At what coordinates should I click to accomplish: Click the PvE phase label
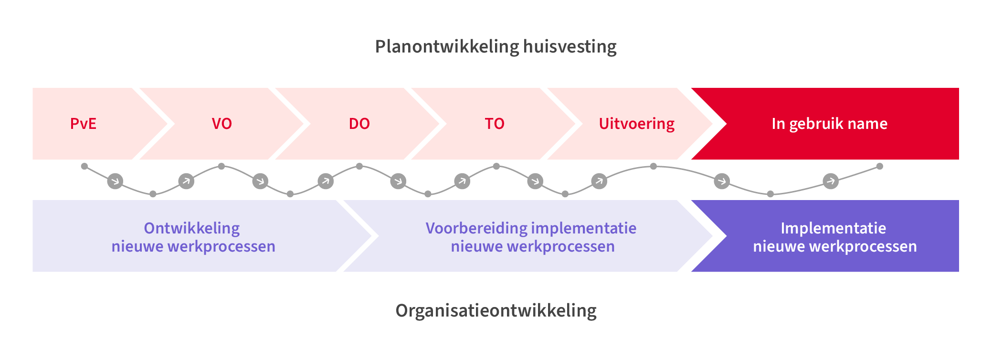tap(83, 124)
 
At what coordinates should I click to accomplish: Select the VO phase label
tap(222, 124)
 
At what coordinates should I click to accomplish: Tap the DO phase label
tap(359, 124)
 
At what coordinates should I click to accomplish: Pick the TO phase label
tap(495, 124)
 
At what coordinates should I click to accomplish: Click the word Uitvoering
tap(636, 124)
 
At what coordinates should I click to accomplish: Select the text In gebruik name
tap(829, 124)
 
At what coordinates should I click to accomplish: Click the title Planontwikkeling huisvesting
tap(496, 46)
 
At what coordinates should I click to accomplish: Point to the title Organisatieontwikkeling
tap(496, 311)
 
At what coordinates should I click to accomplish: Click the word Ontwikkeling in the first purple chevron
tap(192, 228)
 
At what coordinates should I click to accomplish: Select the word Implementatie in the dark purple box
tap(833, 228)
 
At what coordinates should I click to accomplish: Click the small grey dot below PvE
tap(84, 166)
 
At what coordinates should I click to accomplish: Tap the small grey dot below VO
tap(222, 166)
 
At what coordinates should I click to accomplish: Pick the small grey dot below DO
tap(359, 166)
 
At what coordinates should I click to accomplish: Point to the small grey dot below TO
tap(496, 166)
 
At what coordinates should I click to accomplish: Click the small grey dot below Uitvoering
tap(654, 166)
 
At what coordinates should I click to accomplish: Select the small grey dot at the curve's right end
tap(880, 166)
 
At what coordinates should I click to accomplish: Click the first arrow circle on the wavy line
tap(115, 181)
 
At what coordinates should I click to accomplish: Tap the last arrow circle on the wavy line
tap(831, 181)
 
